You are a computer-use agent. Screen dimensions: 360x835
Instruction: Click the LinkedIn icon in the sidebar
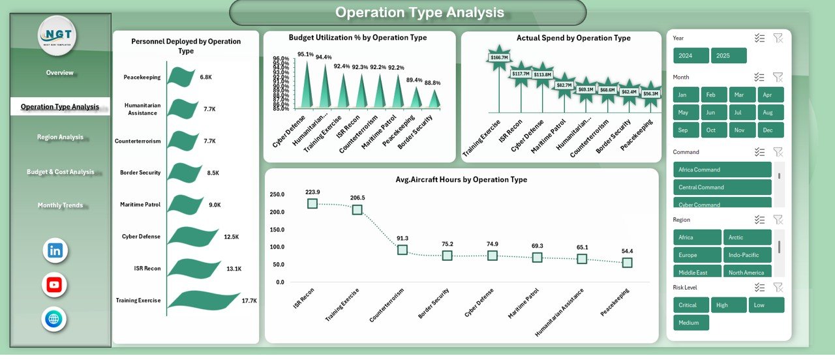coord(55,250)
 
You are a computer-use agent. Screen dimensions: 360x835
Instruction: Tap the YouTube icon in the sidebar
coord(55,285)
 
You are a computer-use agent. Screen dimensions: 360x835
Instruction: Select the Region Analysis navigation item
coord(60,138)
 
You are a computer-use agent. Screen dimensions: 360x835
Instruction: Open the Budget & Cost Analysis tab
coord(60,172)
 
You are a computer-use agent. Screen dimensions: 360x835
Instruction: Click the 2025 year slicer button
coord(728,55)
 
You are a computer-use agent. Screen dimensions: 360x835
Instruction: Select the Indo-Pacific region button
coord(747,255)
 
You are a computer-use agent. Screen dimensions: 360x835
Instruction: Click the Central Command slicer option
coord(721,187)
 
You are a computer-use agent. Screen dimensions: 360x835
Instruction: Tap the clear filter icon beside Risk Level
coord(778,287)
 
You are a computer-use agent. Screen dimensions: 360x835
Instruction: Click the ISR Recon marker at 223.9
coord(312,203)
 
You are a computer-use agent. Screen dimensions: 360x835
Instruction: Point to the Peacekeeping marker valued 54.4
coord(627,262)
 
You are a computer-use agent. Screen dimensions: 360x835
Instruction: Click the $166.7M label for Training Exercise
coord(499,58)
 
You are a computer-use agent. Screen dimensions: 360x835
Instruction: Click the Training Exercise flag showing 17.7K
coord(202,300)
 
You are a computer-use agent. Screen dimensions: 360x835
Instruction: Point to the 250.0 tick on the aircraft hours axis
coord(277,194)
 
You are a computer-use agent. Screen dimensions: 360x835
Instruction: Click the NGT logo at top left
coord(57,35)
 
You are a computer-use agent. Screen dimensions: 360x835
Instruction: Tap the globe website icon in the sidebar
coord(55,320)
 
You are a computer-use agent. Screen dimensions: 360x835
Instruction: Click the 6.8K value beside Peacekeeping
coord(205,77)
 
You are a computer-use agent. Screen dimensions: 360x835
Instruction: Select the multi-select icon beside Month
coord(759,77)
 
